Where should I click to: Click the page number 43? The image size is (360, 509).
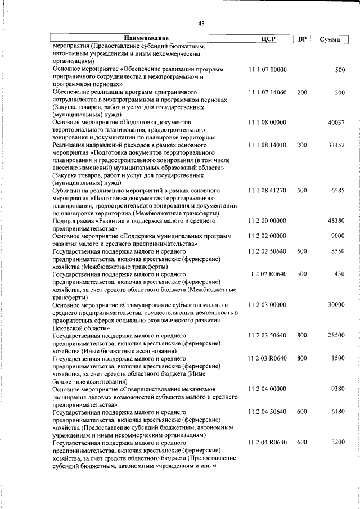[x=201, y=23]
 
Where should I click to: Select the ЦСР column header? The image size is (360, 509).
[x=267, y=39]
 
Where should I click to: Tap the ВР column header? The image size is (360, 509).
[x=302, y=39]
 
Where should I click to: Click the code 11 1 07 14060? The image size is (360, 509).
[x=267, y=92]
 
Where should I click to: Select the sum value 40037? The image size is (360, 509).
[x=336, y=122]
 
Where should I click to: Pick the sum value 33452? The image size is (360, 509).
[x=336, y=145]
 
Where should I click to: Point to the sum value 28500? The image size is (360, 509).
[x=336, y=335]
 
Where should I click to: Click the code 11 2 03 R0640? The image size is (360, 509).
[x=267, y=358]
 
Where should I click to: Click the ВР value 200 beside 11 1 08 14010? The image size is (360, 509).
[x=302, y=145]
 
